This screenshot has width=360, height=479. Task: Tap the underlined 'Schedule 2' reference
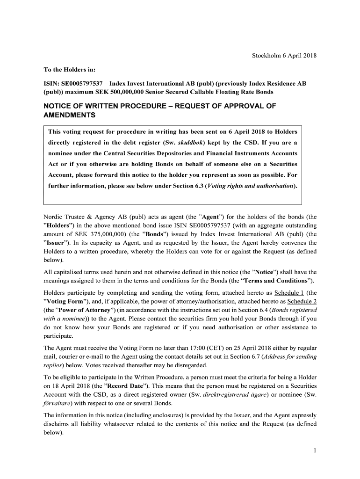[x=302, y=301]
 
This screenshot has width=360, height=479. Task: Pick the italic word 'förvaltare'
[x=57, y=403]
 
